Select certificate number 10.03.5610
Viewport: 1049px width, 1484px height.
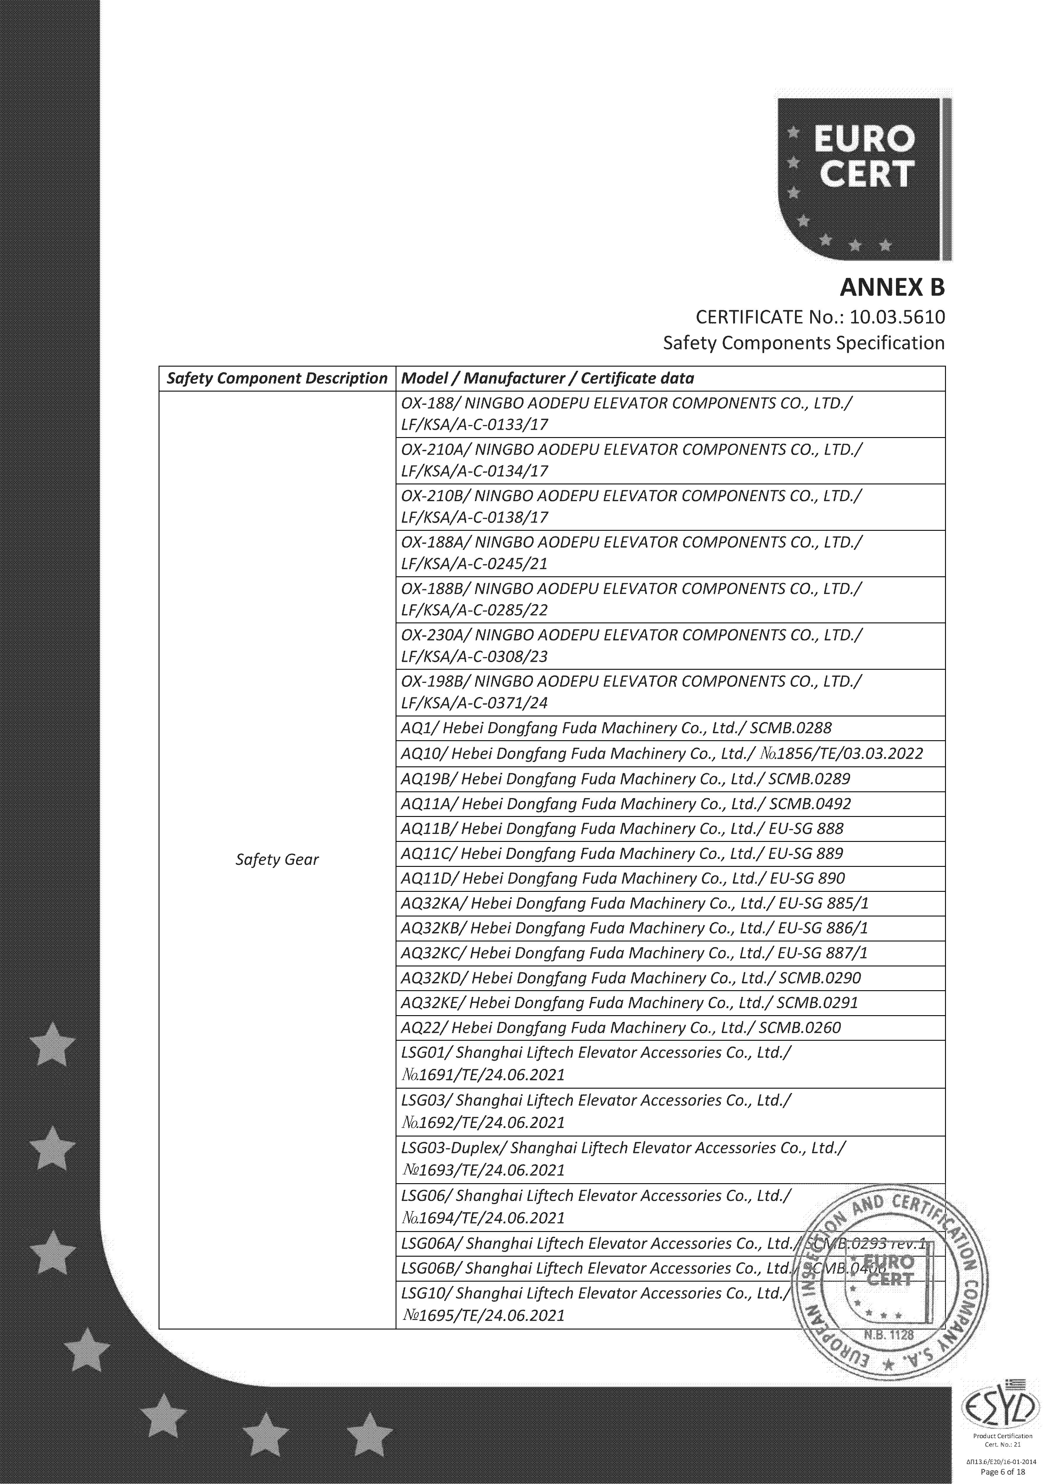[897, 317]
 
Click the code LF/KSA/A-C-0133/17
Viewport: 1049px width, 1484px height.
[475, 425]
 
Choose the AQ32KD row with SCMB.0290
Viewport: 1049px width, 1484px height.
[630, 978]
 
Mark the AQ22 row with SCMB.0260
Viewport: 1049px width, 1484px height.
[621, 1028]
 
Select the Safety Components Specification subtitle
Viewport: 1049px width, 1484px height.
[803, 343]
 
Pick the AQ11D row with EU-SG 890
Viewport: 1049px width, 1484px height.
[622, 878]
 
